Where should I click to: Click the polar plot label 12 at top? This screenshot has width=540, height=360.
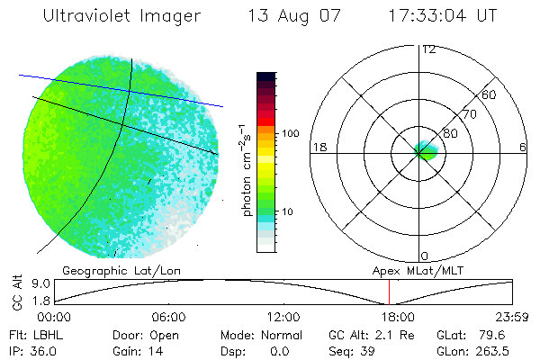428,49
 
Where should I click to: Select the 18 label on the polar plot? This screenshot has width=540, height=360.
318,148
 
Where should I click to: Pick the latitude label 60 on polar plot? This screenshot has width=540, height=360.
489,94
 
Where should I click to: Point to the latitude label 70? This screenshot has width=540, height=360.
470,114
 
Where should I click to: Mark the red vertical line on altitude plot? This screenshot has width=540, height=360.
389,292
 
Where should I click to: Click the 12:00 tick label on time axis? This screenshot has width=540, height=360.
283,317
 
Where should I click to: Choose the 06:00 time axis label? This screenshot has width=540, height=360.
169,317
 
